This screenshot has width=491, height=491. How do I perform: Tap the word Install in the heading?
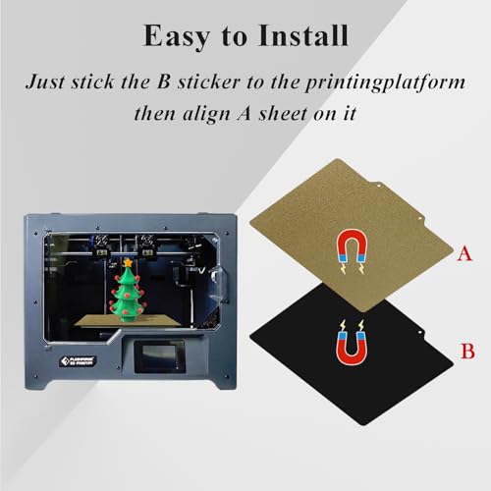[x=303, y=35]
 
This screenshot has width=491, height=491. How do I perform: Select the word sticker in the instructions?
[x=209, y=82]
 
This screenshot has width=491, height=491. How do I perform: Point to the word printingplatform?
[x=385, y=82]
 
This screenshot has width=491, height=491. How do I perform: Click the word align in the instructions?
[x=205, y=114]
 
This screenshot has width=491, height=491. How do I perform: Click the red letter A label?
[x=464, y=253]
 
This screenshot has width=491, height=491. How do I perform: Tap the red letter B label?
[x=467, y=351]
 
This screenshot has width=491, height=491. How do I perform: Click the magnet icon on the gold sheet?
[x=353, y=251]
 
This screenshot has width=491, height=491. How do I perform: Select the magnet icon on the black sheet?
[x=352, y=343]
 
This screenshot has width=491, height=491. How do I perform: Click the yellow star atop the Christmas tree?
[x=127, y=262]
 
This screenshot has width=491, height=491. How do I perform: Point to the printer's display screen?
[x=159, y=357]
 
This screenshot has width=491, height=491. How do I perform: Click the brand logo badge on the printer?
[x=79, y=361]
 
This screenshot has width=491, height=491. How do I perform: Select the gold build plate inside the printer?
[x=128, y=321]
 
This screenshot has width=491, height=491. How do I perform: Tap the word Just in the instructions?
[x=45, y=82]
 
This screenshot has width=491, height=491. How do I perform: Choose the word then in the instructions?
[x=155, y=113]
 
